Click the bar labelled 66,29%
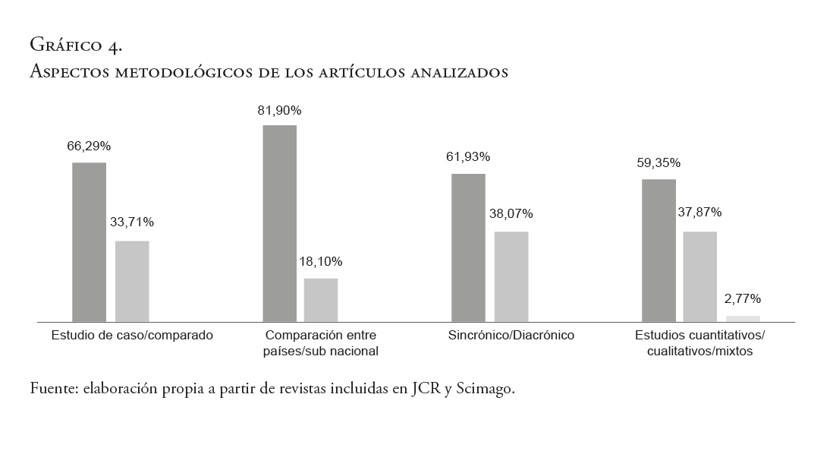pos(89,242)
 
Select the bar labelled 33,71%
pos(132,281)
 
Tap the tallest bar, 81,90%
pos(279,223)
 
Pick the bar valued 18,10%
pos(321,300)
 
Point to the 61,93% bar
pos(468,248)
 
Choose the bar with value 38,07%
pos(511,276)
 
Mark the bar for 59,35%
pos(659,251)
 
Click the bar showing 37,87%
pos(700,276)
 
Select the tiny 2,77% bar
pos(743,318)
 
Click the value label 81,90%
pos(279,111)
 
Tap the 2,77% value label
pos(743,298)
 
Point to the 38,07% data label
pos(511,213)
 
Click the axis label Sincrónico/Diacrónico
pos(511,335)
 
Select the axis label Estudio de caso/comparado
pos(132,335)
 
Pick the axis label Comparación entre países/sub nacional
pos(322,343)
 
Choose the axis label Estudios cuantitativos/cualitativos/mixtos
pos(700,343)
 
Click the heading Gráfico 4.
pos(75,46)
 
